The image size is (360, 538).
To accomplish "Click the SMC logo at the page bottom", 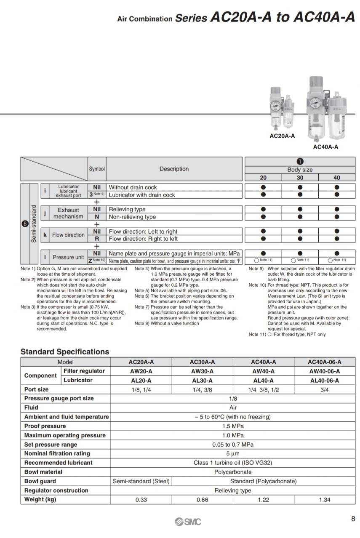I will click(188, 522).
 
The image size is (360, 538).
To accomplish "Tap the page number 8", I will click(353, 519).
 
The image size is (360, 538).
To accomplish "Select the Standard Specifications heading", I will click(65, 352).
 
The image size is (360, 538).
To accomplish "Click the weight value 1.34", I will click(324, 500).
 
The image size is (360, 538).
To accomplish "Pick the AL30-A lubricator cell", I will click(202, 380).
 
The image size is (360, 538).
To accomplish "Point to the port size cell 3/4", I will click(324, 389).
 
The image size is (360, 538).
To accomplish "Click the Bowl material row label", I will click(43, 472).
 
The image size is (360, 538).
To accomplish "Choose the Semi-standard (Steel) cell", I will click(141, 481).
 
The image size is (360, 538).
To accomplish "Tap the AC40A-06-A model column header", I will click(324, 362).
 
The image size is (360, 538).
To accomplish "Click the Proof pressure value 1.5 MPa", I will click(233, 426).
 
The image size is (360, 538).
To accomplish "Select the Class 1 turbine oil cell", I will click(233, 463).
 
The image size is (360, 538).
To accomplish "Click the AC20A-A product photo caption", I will click(282, 136).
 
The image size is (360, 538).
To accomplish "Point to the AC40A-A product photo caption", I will click(325, 147).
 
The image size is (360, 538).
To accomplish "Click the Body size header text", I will click(300, 170).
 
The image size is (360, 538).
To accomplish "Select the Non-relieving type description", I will click(132, 217).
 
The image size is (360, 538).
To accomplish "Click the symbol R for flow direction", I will click(97, 239).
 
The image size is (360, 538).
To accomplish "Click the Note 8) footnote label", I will click(141, 323).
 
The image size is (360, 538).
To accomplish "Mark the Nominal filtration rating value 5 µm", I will click(233, 453).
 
